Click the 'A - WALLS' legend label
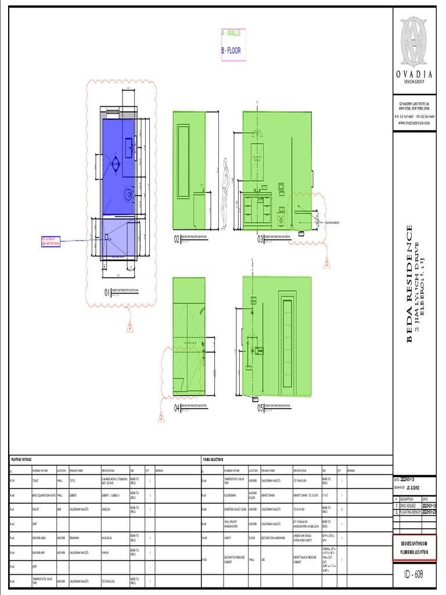231,34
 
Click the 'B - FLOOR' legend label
231,51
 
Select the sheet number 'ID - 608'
414,575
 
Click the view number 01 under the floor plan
107,292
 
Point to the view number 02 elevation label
177,239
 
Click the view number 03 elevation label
261,239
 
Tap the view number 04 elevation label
177,408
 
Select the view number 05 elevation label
261,408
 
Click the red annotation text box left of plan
51,241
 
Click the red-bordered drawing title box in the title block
414,548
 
